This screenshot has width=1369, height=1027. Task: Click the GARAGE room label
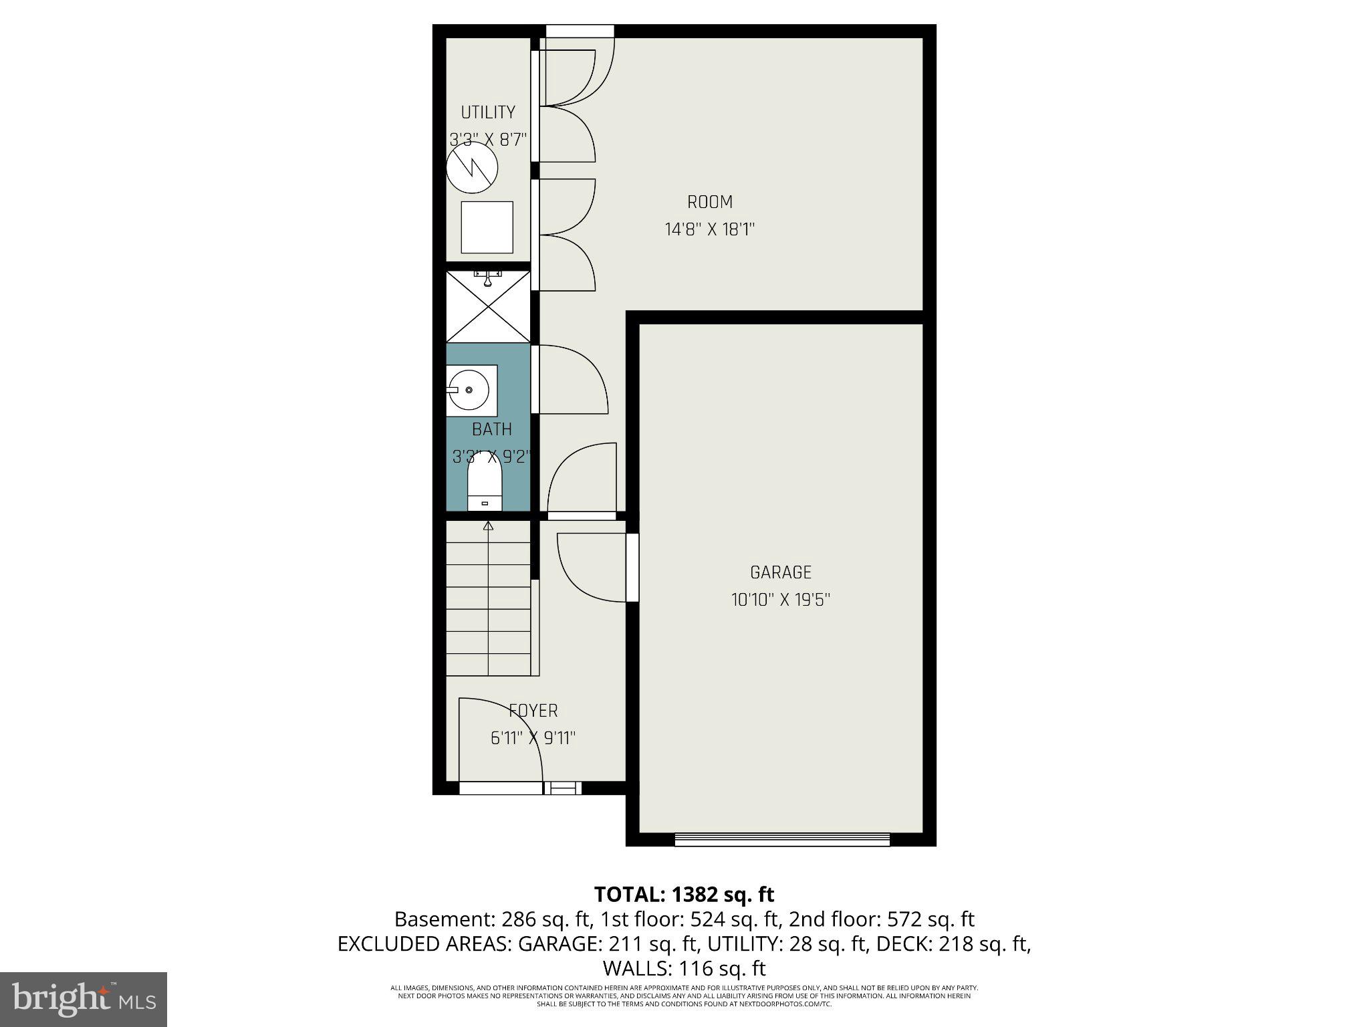780,572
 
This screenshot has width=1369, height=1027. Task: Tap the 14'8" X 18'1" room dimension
709,230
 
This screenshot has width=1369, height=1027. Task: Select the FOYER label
533,711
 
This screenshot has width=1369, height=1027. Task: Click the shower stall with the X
488,307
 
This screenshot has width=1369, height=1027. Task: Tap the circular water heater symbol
472,168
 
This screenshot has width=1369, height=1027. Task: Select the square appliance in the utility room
487,227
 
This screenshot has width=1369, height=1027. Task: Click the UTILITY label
488,112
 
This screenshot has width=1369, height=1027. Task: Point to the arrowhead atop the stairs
488,526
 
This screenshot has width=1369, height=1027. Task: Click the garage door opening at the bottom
782,839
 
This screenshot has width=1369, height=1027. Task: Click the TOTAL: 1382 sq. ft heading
684,894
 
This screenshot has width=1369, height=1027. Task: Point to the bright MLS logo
84,998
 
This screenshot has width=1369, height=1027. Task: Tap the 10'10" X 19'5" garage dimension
780,600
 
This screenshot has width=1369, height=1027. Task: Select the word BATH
492,429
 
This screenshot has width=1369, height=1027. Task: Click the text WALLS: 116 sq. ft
684,968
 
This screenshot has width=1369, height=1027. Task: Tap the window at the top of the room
580,31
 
